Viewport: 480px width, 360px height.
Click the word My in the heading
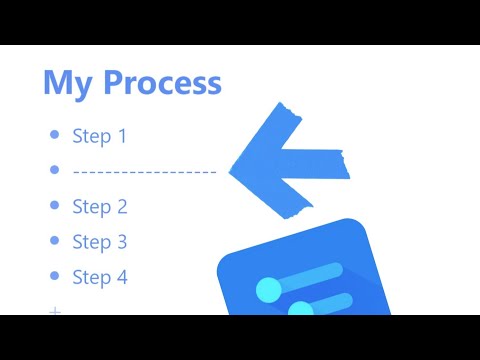tap(66, 82)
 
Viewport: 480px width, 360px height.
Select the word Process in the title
tap(159, 82)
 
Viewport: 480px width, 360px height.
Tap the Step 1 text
tap(100, 136)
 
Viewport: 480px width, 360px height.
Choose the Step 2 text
tap(100, 207)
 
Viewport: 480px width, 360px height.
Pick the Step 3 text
tap(100, 242)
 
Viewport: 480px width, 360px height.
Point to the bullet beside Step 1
tap(54, 136)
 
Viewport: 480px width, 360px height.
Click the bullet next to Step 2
tap(54, 207)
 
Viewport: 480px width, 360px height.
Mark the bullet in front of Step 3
tap(54, 242)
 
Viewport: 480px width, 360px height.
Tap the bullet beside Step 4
tap(54, 277)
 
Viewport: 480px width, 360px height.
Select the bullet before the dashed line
tap(54, 171)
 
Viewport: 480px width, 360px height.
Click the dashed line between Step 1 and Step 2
tap(145, 172)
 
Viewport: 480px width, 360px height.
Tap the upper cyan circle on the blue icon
tap(269, 291)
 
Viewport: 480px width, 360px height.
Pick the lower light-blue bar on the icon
tap(335, 300)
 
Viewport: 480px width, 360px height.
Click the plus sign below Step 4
tap(55, 311)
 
